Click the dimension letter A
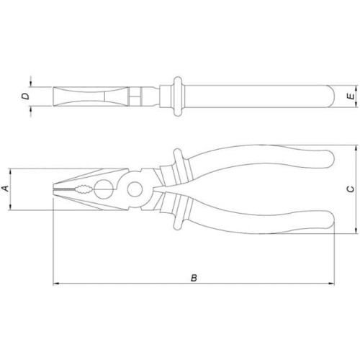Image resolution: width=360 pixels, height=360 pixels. coord(6,189)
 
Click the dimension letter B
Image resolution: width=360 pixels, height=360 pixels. coord(194,278)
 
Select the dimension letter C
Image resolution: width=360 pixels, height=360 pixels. coord(351,189)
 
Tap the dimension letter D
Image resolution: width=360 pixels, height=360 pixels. coord(25,96)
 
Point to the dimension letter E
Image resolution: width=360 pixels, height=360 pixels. coord(351,96)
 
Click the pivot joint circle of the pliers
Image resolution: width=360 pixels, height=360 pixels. coord(135,189)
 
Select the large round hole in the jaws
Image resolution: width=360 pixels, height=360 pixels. coord(104,189)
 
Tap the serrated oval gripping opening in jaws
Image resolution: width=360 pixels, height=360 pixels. coord(84,189)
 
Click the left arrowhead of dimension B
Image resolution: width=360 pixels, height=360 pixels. coord(55,284)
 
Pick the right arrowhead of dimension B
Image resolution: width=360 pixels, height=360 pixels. coord(331,284)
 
